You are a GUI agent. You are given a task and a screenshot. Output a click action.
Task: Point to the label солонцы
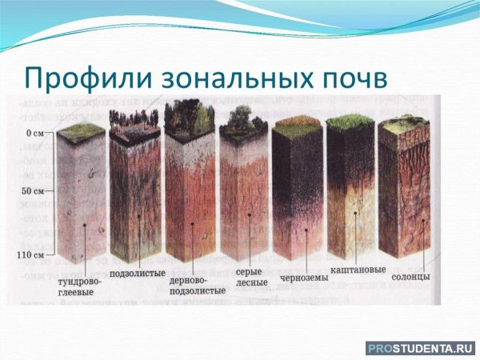[x=411, y=275]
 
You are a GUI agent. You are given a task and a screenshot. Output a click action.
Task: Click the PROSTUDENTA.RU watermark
[x=419, y=348]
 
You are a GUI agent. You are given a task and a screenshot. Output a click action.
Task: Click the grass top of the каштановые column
[x=351, y=122]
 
